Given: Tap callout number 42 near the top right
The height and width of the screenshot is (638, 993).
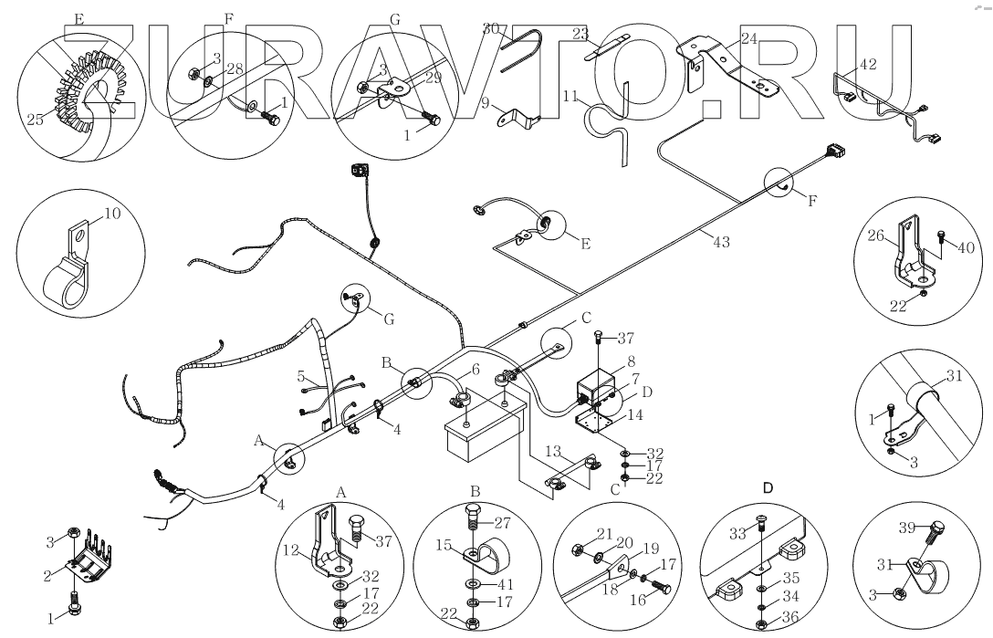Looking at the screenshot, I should (x=867, y=65).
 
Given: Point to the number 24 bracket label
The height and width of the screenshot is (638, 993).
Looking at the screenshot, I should (x=749, y=38).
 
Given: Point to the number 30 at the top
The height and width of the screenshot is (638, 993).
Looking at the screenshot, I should (x=492, y=29).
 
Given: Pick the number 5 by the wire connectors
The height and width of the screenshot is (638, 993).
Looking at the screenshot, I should (x=300, y=375).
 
